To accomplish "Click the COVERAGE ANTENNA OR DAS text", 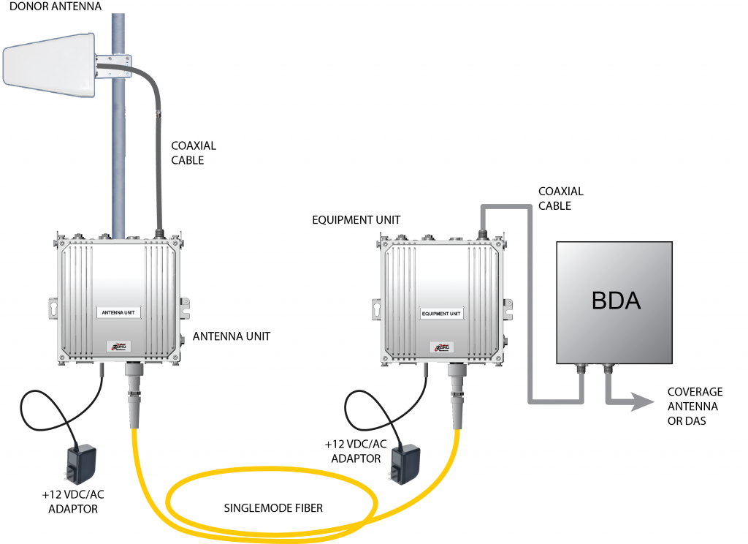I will [694, 407].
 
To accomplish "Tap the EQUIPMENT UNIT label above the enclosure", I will [346, 219].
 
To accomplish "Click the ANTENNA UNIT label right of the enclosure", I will [231, 337].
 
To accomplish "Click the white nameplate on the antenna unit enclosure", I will [119, 312].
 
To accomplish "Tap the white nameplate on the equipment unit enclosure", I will [442, 314].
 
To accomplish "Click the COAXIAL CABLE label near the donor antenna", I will [193, 153].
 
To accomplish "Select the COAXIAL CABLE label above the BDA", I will [560, 198].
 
